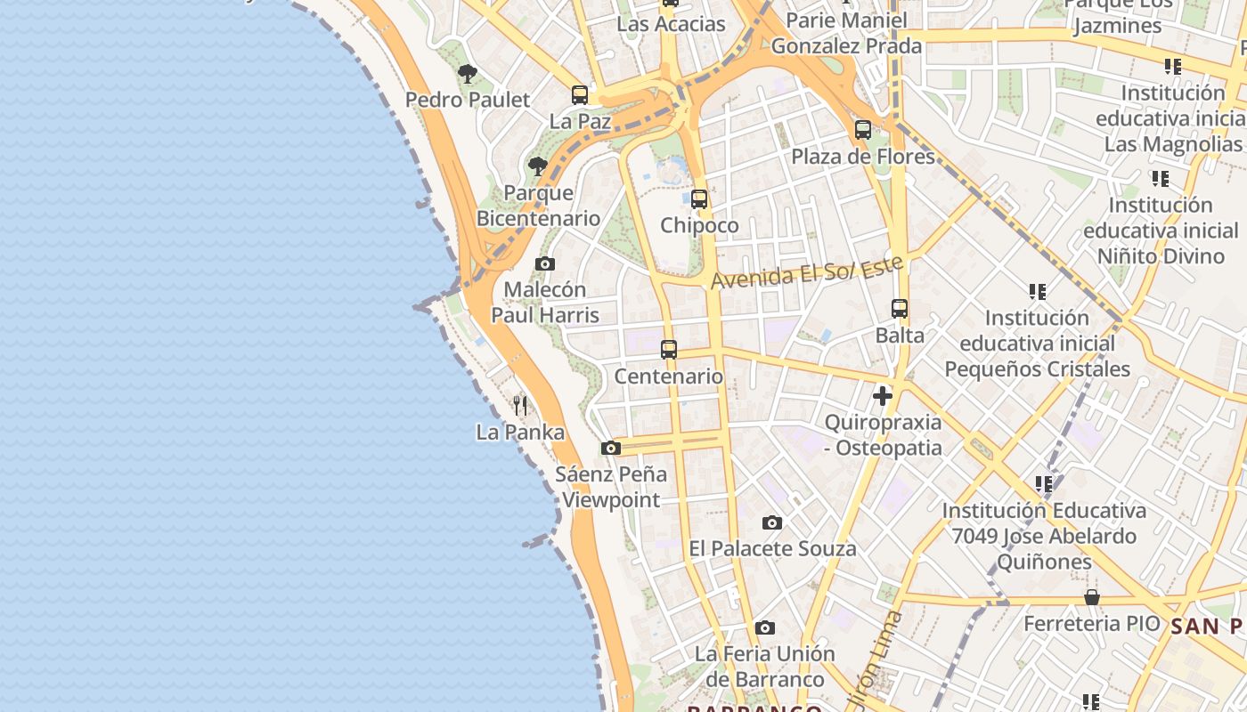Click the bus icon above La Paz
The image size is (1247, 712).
580,94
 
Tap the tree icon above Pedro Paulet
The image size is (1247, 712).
468,74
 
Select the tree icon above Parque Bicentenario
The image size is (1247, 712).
537,166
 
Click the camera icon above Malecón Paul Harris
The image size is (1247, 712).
545,263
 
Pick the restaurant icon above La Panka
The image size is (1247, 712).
521,406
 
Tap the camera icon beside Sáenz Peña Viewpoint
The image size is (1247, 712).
610,448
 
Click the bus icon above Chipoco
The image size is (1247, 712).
699,199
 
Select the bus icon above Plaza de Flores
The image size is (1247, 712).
862,130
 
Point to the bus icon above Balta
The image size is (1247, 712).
900,309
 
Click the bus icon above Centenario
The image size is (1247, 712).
669,350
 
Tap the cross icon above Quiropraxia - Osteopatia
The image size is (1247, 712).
883,396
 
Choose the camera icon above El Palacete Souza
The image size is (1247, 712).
772,522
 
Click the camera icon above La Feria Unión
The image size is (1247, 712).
764,627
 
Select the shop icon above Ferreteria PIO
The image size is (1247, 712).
1091,597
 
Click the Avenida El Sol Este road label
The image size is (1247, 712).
807,271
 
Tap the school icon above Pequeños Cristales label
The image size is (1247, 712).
1037,291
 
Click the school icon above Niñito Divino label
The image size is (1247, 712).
1160,179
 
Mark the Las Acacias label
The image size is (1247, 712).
672,24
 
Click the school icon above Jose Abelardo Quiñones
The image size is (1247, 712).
1044,484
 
